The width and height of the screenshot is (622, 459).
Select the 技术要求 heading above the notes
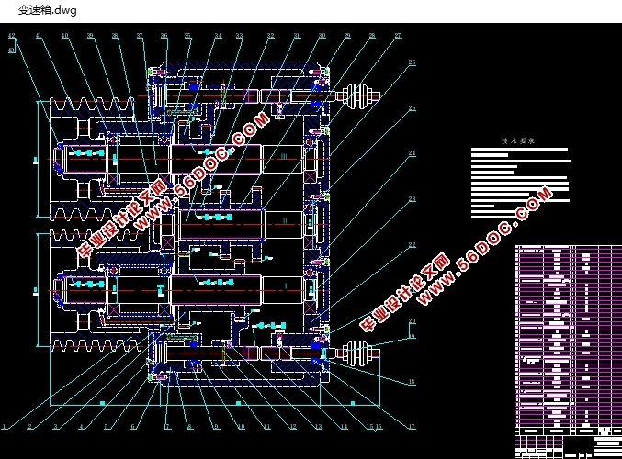pos(516,141)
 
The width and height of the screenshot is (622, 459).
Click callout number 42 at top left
pos(11,36)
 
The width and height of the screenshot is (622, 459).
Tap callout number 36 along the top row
pos(164,36)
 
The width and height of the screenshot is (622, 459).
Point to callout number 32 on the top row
pos(271,36)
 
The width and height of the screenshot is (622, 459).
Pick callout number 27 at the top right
pos(398,36)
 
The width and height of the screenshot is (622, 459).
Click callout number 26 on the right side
pos(413,62)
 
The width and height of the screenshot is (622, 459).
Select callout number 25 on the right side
pos(413,108)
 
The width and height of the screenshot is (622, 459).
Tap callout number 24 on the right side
pos(413,152)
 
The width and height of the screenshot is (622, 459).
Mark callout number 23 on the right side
pos(413,198)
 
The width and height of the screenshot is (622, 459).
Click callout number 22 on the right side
pos(413,244)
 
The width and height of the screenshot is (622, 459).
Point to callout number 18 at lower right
pos(412,381)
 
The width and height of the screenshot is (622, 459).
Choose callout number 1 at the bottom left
pos(5,426)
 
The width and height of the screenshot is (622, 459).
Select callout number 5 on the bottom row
pos(106,426)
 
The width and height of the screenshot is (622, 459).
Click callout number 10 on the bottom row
pos(241,426)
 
